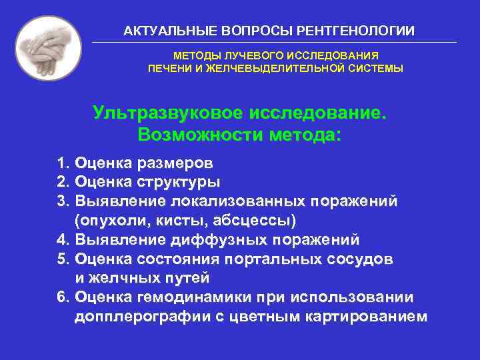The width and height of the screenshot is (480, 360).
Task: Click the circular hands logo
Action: click(x=48, y=48)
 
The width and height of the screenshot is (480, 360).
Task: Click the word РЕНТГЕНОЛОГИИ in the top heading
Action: click(x=359, y=31)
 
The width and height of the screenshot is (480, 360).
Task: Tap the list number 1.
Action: click(x=63, y=163)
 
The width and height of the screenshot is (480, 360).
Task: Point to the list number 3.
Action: click(x=63, y=201)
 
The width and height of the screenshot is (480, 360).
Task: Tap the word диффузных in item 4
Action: click(x=221, y=239)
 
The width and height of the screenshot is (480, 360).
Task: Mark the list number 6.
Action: click(x=63, y=297)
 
